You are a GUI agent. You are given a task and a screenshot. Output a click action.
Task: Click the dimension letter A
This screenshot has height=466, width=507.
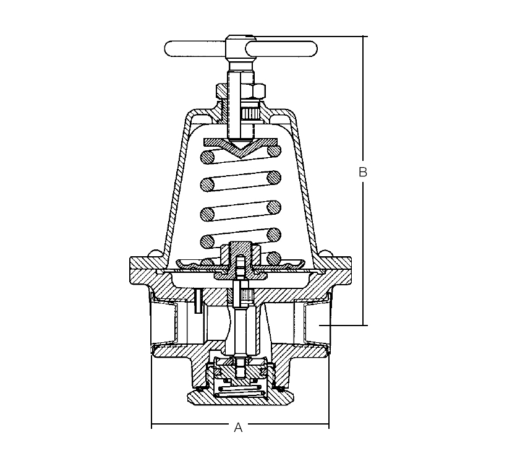tap(238, 427)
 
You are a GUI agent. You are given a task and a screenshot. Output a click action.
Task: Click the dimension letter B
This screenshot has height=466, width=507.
tap(363, 172)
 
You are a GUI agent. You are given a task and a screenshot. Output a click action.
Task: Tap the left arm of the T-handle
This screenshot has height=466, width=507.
tap(195, 49)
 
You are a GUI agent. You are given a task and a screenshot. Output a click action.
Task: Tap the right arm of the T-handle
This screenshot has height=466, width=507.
tap(281, 49)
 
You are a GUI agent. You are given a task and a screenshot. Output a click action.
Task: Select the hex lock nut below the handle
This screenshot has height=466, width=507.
tap(241, 91)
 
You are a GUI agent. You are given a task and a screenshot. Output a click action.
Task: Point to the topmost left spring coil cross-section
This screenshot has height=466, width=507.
tap(208, 157)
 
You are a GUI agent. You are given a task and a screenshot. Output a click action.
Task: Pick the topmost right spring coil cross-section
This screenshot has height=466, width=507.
tap(274, 150)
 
